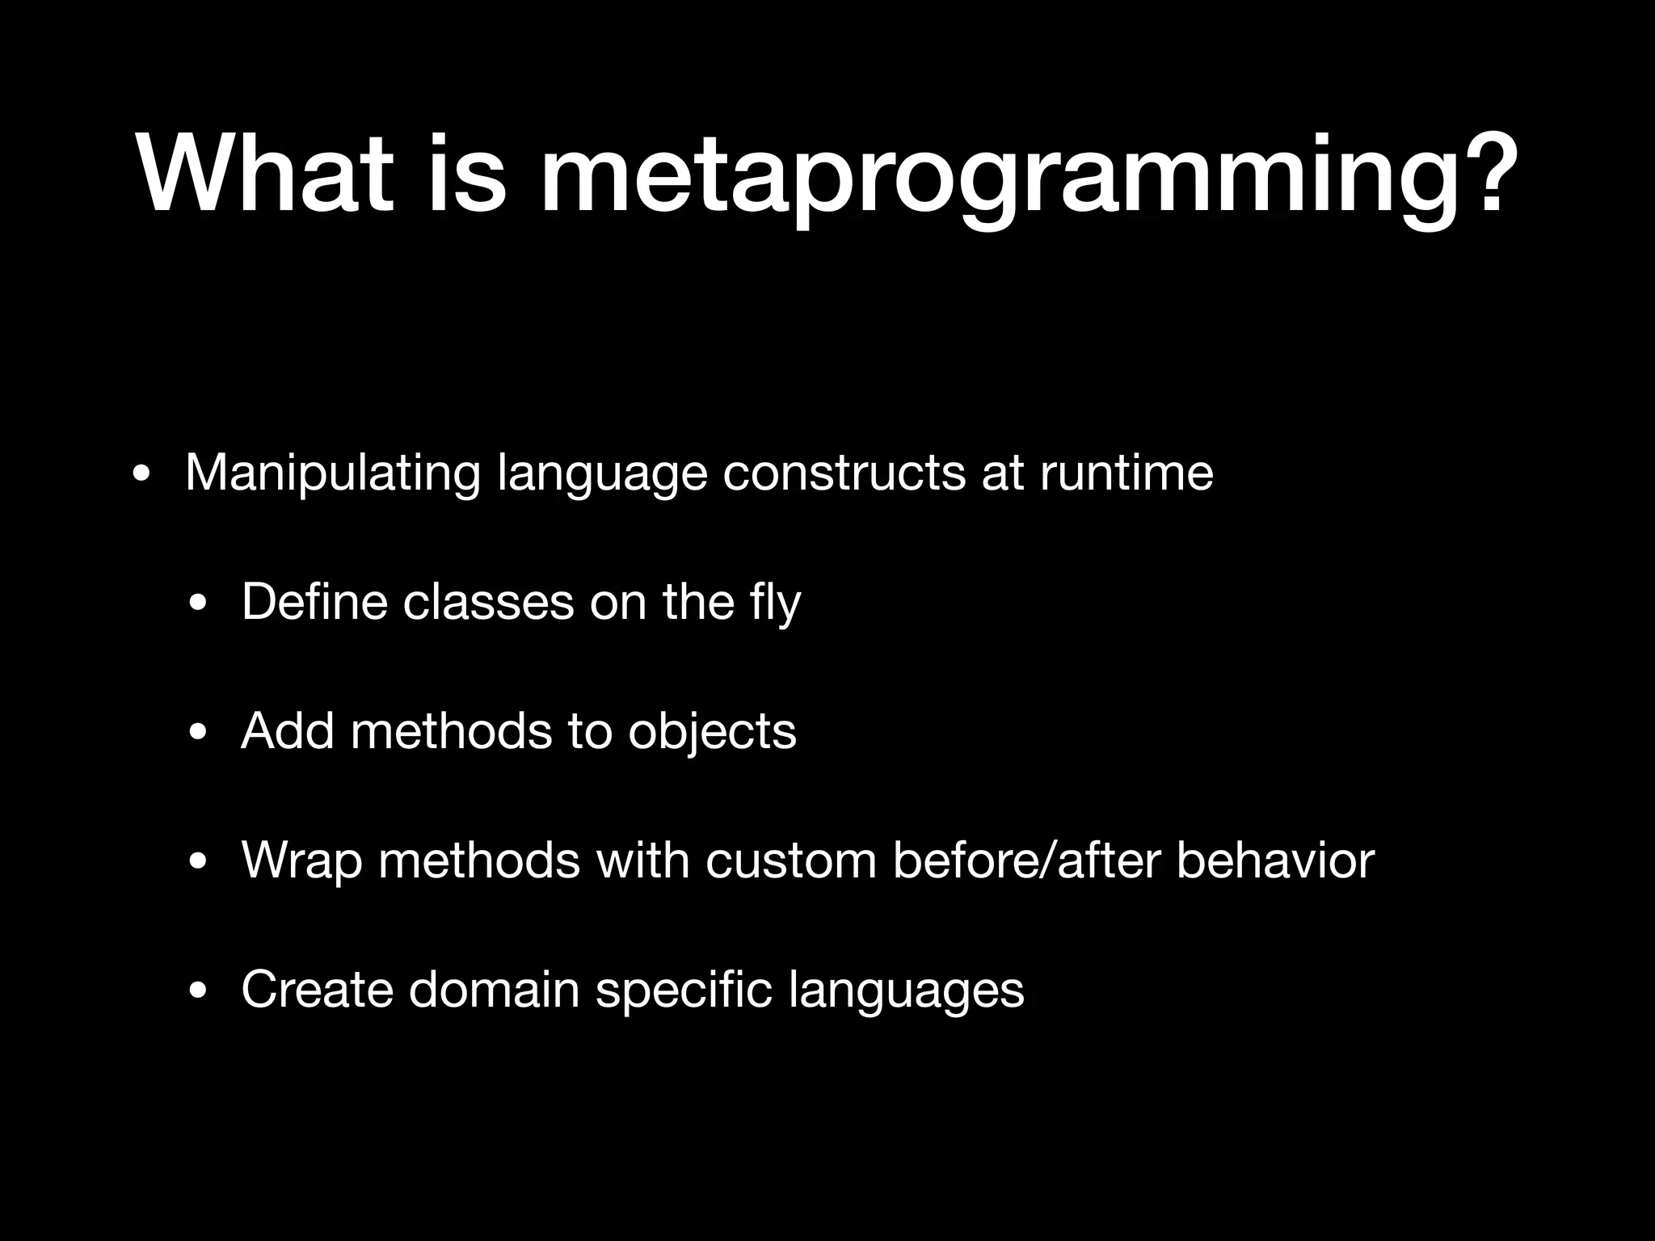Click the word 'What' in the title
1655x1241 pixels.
click(267, 175)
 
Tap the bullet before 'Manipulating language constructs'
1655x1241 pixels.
click(141, 475)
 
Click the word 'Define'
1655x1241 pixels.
click(314, 602)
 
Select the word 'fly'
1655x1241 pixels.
click(775, 604)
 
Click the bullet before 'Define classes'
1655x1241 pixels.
click(197, 604)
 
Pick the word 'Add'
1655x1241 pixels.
click(288, 731)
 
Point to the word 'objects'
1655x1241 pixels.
click(712, 733)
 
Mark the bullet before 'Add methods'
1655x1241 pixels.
click(197, 734)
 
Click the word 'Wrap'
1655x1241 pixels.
click(301, 861)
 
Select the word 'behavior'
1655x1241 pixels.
click(1274, 860)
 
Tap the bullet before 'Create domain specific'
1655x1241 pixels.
click(197, 992)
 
